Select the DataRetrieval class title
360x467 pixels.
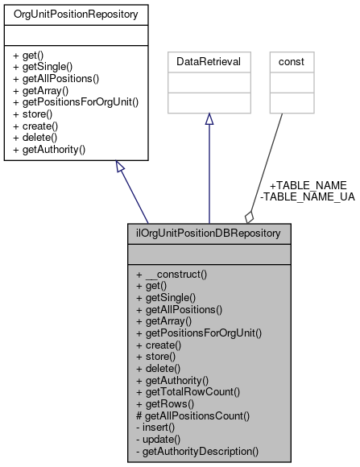[x=209, y=60]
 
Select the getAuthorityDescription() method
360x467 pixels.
[x=197, y=452]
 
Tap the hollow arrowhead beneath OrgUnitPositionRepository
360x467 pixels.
[x=120, y=167]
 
